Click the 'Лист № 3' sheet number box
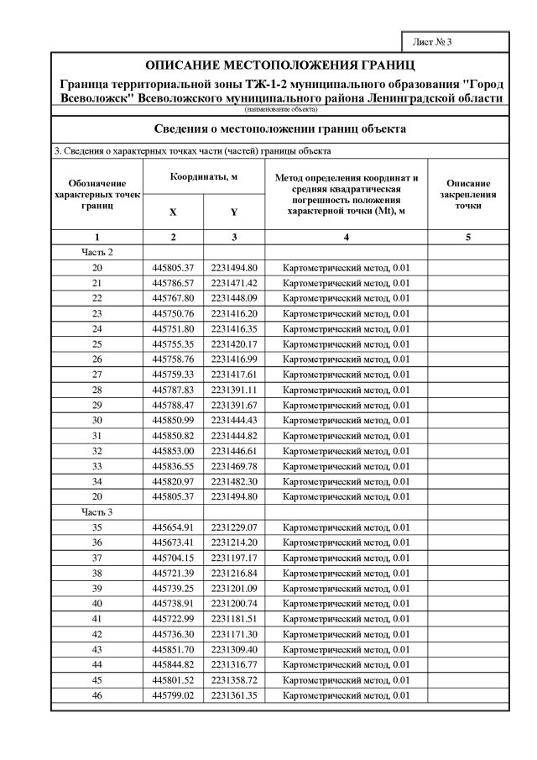point(460,42)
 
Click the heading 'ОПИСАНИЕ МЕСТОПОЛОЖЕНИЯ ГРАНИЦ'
point(280,65)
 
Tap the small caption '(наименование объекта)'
point(280,109)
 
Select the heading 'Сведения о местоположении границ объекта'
point(280,129)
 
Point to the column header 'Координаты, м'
point(204,178)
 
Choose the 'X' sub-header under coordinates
point(173,212)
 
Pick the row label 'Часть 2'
point(97,252)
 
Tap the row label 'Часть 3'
point(97,512)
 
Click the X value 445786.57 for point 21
point(173,283)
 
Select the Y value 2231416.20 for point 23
point(234,313)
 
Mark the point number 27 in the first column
point(97,375)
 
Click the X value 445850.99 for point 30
point(173,420)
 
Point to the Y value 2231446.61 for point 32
point(234,451)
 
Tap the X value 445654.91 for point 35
point(173,527)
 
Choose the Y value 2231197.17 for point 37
point(234,558)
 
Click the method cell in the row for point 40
point(347,604)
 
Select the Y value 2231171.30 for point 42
point(234,634)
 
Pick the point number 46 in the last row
point(97,695)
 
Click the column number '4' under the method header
point(347,238)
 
